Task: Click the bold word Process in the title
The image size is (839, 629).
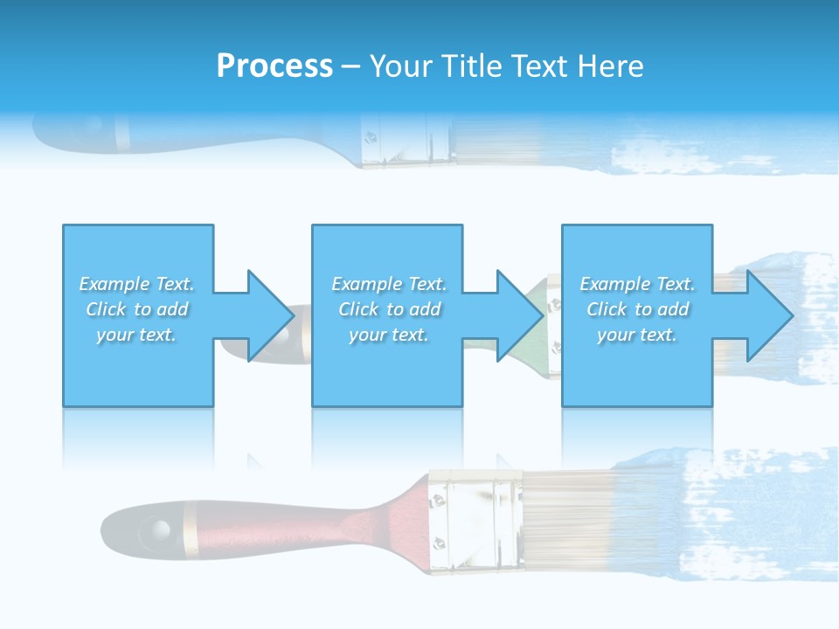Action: (274, 66)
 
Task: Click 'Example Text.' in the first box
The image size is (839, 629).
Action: (137, 284)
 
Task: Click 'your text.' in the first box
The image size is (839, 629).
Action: (137, 335)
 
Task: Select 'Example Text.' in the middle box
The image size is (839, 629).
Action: (389, 284)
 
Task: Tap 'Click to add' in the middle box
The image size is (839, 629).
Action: (389, 309)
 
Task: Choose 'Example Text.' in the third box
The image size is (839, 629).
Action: (637, 284)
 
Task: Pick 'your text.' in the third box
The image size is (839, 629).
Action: (637, 335)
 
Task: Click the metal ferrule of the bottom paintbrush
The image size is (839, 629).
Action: (472, 522)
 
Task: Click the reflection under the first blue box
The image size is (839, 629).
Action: (137, 437)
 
